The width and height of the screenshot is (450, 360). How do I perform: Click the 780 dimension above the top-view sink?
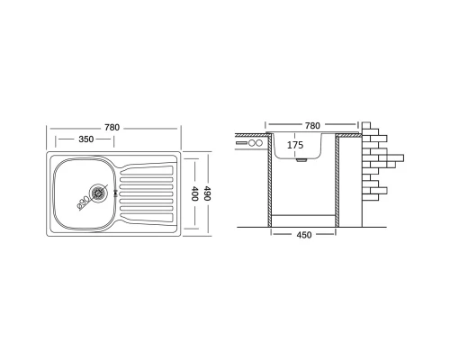[x=112, y=128]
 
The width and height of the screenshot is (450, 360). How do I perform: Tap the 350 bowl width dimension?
[x=86, y=139]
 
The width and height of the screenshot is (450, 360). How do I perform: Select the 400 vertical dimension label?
[x=194, y=193]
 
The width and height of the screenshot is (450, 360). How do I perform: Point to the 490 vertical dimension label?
[x=207, y=193]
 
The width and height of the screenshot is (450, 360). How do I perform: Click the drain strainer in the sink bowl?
[x=98, y=193]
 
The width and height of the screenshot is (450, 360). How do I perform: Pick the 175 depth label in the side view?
[x=295, y=145]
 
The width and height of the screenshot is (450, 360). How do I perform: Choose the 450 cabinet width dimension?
[x=304, y=235]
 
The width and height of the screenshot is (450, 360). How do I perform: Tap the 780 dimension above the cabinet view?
[x=312, y=126]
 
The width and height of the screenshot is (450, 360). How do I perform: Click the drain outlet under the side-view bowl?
[x=301, y=160]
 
